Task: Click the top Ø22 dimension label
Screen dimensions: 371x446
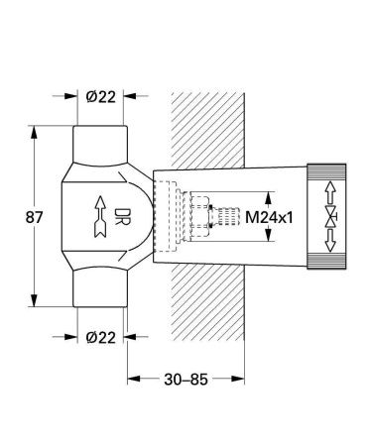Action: click(x=101, y=97)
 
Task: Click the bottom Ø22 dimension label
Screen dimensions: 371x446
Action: click(x=101, y=338)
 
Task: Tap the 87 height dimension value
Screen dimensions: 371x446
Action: click(x=35, y=217)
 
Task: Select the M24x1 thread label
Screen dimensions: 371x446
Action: click(x=269, y=217)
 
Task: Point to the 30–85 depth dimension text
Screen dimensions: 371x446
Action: click(x=185, y=380)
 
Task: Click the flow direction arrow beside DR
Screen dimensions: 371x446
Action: click(x=100, y=217)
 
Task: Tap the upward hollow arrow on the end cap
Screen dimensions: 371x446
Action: click(x=329, y=193)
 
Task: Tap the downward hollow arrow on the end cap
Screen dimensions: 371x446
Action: click(x=329, y=240)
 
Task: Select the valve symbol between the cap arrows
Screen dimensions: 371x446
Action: click(x=330, y=217)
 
